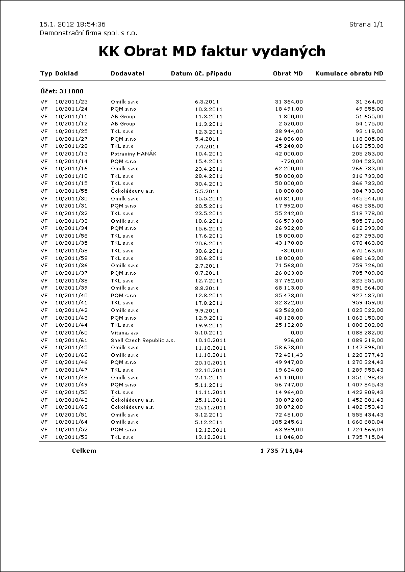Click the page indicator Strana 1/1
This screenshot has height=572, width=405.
pos(366,24)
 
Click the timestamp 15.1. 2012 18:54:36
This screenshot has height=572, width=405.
pos(72,24)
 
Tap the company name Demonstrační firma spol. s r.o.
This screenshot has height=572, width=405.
pos(89,33)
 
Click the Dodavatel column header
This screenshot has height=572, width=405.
pos(128,73)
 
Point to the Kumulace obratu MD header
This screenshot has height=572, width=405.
pos(349,73)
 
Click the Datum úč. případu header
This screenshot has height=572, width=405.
pos(201,73)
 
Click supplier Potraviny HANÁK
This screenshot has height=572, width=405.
pos(134,153)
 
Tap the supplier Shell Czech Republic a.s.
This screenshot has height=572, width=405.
pos(143,340)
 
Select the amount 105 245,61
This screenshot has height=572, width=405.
pos(287,422)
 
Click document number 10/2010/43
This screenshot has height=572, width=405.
pos(71,400)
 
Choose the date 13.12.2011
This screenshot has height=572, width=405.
pos(210,437)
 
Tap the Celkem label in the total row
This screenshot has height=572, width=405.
pos(84,451)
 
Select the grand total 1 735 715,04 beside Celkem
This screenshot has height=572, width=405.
pos(282,451)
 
